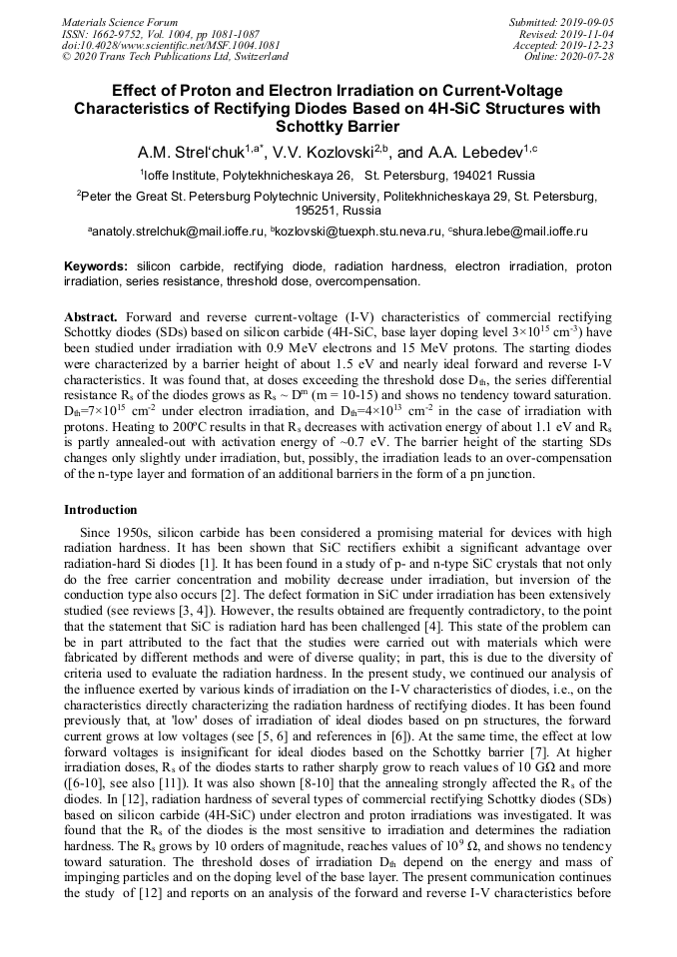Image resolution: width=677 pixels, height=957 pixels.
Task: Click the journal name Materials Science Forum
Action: point(120,21)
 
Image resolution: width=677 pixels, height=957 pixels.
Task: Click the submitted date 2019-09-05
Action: point(586,21)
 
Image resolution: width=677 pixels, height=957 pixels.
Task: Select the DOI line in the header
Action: point(171,45)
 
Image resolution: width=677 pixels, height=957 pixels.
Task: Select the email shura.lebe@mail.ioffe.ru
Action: point(520,232)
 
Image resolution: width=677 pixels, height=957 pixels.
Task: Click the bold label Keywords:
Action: point(96,267)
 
